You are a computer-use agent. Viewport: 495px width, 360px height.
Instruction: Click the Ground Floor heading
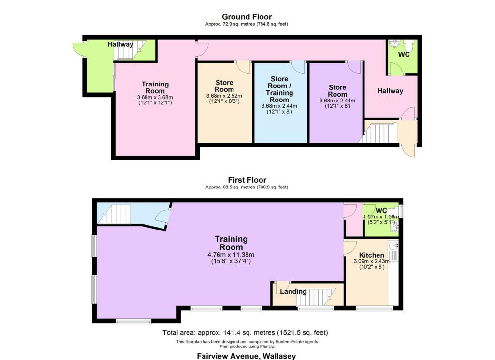point(247,17)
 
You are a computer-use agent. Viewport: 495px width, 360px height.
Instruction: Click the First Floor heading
point(247,180)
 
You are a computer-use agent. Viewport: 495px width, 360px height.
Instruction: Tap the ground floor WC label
point(404,54)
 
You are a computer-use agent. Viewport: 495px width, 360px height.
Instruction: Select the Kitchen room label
point(372,255)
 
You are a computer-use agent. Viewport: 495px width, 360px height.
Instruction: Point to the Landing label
point(293,291)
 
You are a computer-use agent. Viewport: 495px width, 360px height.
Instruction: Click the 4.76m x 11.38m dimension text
point(231,255)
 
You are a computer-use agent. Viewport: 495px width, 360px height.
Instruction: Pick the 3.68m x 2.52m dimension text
point(224,96)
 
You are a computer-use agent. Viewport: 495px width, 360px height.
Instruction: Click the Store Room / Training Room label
point(279,89)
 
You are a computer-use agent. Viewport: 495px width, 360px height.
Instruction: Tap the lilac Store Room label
point(337,91)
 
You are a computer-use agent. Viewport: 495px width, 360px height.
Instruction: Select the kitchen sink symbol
point(393,245)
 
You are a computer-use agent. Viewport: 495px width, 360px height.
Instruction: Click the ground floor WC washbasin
point(394,43)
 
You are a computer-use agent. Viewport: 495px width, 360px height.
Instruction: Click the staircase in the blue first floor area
point(114,214)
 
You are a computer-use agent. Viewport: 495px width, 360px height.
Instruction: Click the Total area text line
point(245,332)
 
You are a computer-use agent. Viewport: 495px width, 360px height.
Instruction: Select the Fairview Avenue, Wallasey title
point(247,356)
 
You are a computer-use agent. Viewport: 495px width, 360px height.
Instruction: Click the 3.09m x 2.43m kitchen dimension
point(372,261)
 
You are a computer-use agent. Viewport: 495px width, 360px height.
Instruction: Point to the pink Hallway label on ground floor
point(390,91)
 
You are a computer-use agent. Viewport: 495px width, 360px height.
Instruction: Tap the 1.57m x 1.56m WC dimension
point(381,217)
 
